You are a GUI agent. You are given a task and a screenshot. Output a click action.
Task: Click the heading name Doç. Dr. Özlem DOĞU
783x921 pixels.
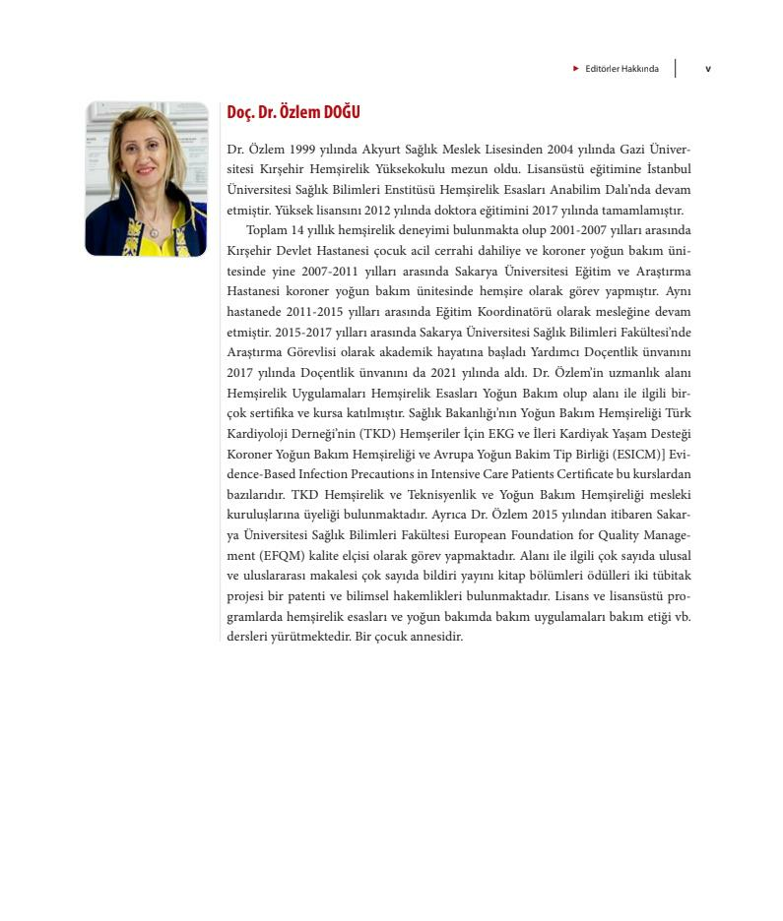pos(293,112)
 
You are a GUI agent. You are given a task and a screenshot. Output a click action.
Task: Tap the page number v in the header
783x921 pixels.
pos(707,69)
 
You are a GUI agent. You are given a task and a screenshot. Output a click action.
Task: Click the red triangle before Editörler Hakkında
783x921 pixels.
pos(576,69)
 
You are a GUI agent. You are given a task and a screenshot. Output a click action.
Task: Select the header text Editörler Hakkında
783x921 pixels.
pos(621,69)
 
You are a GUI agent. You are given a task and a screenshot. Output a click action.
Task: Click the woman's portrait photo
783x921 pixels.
pos(146,179)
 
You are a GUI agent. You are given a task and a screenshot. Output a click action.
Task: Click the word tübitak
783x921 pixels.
pos(669,576)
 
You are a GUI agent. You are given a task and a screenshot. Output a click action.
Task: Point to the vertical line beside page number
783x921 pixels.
pos(676,69)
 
